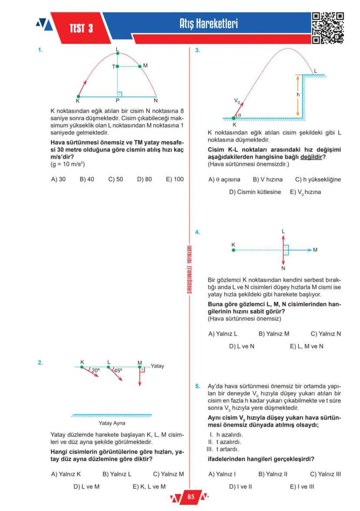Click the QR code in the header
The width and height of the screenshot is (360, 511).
[x=328, y=28]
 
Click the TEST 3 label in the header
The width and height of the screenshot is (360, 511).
[x=81, y=29]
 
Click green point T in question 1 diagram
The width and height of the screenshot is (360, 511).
[x=117, y=67]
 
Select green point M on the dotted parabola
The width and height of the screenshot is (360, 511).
[x=140, y=66]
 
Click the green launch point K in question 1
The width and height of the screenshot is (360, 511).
[x=78, y=97]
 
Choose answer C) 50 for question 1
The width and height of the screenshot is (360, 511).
[x=115, y=179]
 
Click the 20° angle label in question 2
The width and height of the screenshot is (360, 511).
[x=95, y=371]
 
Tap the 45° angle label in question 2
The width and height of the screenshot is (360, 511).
[x=118, y=371]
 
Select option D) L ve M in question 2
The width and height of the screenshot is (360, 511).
[x=87, y=486]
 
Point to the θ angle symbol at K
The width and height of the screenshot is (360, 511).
[x=239, y=115]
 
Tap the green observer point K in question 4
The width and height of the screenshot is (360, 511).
[x=233, y=250]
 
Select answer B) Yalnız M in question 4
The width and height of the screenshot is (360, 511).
[x=274, y=334]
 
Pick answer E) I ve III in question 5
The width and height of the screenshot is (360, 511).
[x=302, y=486]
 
